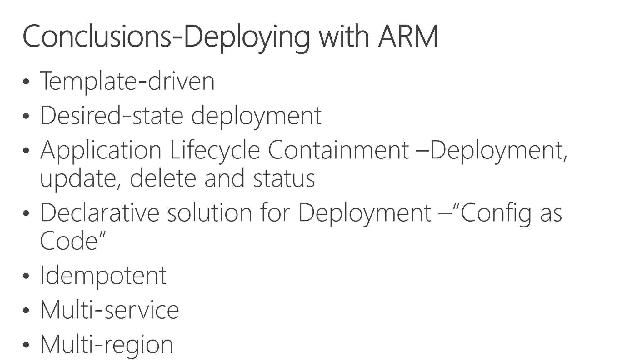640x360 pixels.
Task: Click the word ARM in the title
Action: pyautogui.click(x=407, y=37)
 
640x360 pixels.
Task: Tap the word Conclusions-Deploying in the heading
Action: pyautogui.click(x=166, y=37)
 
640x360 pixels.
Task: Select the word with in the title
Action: pyautogui.click(x=343, y=37)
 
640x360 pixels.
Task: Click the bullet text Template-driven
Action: pyautogui.click(x=127, y=81)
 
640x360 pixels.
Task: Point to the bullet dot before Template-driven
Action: pyautogui.click(x=26, y=82)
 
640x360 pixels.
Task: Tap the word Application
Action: pyautogui.click(x=101, y=151)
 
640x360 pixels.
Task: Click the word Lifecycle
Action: pyautogui.click(x=215, y=151)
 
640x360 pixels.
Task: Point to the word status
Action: pyautogui.click(x=284, y=179)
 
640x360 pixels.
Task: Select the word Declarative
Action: pyautogui.click(x=100, y=213)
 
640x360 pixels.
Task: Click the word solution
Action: pyautogui.click(x=210, y=213)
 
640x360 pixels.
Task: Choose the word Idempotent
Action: pyautogui.click(x=103, y=276)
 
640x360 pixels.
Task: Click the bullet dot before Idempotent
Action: pyautogui.click(x=26, y=276)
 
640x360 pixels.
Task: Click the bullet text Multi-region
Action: pyautogui.click(x=107, y=345)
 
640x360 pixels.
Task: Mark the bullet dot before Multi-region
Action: pyautogui.click(x=26, y=345)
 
